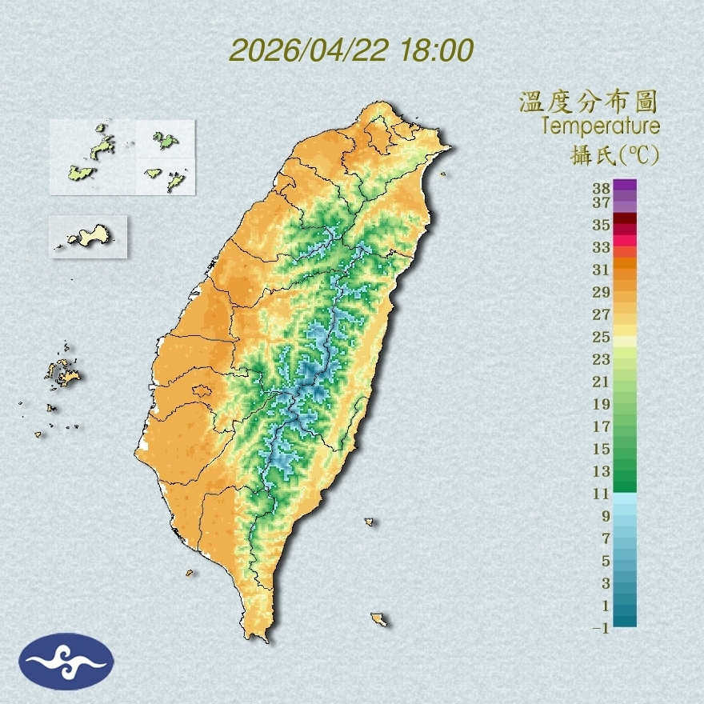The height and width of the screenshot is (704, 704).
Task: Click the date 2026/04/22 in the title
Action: tap(309, 51)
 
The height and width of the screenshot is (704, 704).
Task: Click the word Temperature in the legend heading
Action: tap(601, 126)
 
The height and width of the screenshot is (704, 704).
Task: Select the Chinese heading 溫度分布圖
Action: tap(589, 102)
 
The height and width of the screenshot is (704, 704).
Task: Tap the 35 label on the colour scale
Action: tap(602, 226)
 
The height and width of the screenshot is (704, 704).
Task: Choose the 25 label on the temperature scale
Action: tap(602, 336)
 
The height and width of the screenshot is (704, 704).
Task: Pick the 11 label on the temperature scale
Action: tap(602, 494)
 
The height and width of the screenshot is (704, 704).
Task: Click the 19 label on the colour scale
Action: tap(602, 403)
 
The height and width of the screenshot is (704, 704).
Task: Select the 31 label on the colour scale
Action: tap(602, 270)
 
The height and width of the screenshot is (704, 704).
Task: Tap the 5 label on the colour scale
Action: tap(604, 560)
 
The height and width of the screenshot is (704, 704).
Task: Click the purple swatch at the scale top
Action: tap(626, 185)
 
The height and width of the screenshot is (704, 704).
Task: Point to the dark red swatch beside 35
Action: tap(626, 218)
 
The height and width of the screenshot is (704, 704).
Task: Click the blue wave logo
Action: tap(67, 662)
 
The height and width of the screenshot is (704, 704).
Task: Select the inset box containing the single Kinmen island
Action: tap(89, 236)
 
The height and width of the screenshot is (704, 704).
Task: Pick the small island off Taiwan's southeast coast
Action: tap(379, 619)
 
